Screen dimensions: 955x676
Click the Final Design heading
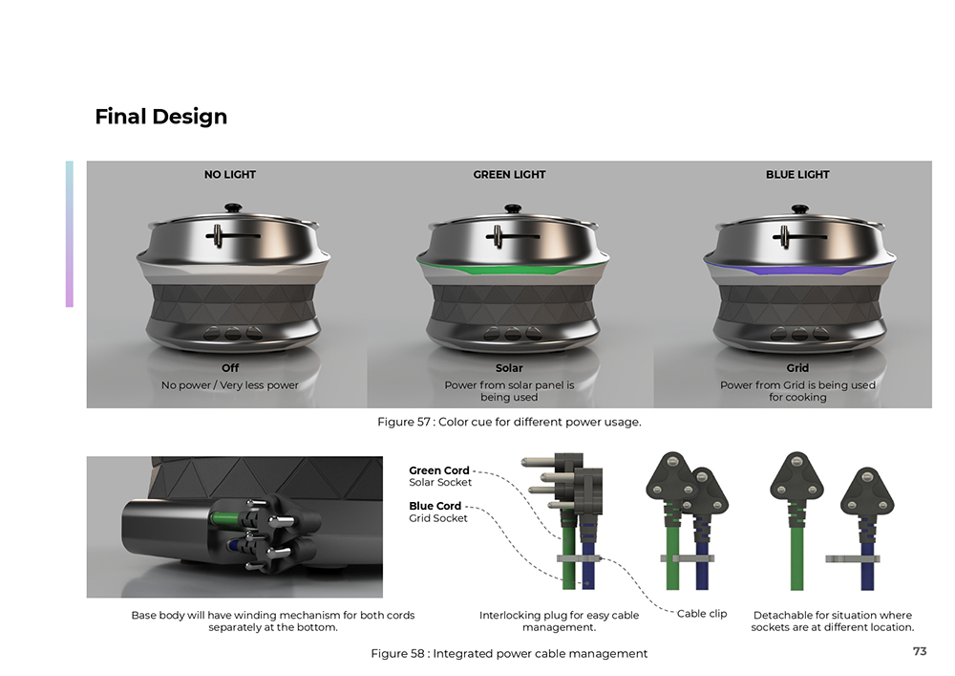[x=160, y=117]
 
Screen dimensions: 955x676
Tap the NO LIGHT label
[x=229, y=174]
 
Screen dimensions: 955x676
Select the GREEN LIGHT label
[x=509, y=174]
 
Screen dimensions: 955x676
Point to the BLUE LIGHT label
[x=797, y=174]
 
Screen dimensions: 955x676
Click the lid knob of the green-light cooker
[x=513, y=208]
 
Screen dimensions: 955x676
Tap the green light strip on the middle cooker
[x=513, y=268]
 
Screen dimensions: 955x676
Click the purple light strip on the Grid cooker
[x=799, y=269]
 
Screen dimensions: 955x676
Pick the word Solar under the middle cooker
[x=509, y=368]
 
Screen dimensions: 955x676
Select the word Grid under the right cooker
[x=797, y=368]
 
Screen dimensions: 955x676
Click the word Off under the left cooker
[x=230, y=368]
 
